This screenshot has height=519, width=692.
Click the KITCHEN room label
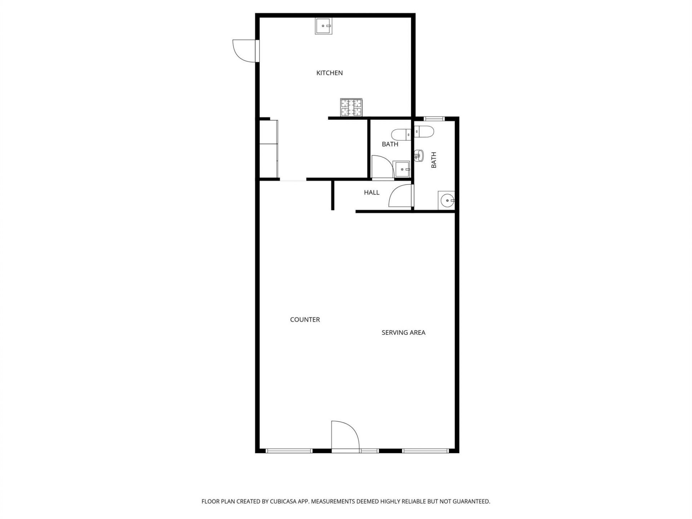329,73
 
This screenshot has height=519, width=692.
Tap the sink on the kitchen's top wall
324,26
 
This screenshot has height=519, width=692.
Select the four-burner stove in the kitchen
351,107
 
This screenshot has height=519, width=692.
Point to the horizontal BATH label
390,144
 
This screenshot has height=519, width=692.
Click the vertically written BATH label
434,160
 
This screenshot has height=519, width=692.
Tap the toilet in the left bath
401,134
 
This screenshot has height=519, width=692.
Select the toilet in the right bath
424,132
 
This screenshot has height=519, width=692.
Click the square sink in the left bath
403,169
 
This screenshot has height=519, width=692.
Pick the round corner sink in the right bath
447,200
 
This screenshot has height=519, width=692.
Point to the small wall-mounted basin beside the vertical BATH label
418,156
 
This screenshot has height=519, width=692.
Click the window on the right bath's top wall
434,119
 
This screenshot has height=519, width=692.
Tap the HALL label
372,192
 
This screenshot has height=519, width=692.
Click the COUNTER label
305,319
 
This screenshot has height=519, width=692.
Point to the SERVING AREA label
403,332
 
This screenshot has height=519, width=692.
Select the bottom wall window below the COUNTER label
289,451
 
